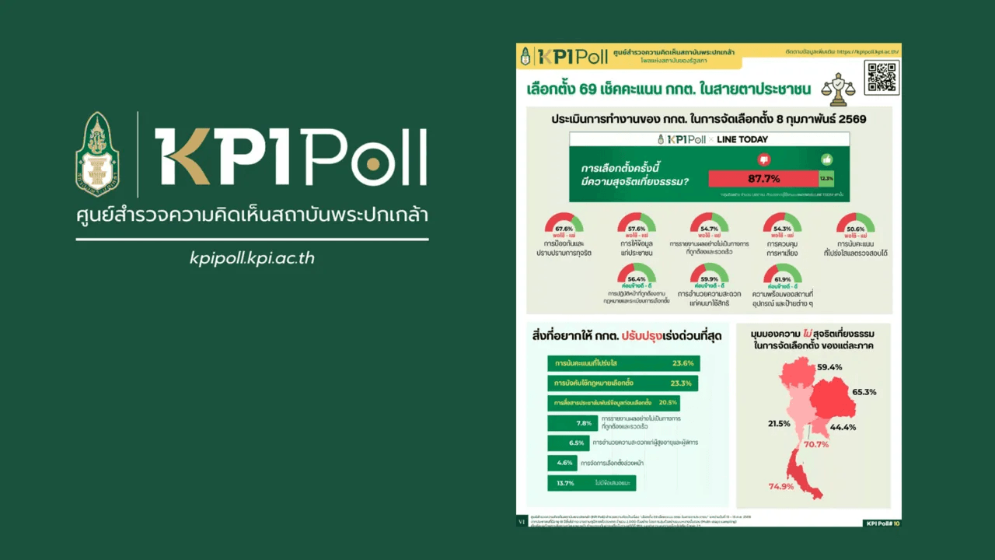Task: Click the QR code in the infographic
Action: click(x=881, y=76)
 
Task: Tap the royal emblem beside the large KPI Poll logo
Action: click(x=97, y=154)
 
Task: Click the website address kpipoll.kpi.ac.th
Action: click(x=252, y=258)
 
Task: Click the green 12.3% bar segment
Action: click(x=826, y=179)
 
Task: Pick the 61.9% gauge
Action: click(x=782, y=275)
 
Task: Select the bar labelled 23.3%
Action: click(x=622, y=383)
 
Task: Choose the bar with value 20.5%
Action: click(x=613, y=403)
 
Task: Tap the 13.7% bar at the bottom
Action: click(x=592, y=483)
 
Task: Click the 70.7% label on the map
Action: click(x=816, y=444)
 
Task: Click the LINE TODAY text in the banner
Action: click(x=742, y=139)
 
